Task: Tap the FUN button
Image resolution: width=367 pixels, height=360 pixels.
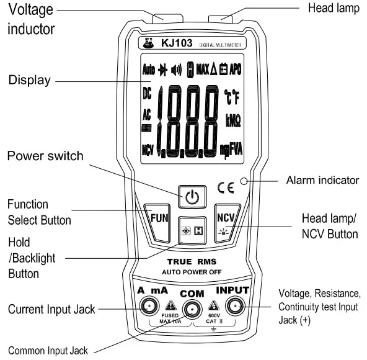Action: tap(159, 218)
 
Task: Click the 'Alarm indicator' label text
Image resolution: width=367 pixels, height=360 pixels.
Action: tap(322, 181)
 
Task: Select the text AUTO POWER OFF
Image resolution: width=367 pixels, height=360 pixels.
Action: tap(192, 272)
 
